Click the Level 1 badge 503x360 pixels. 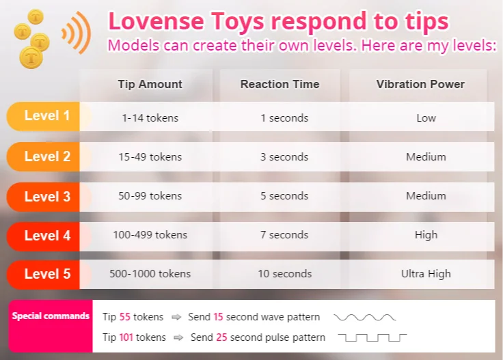pos(46,116)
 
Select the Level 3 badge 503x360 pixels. pos(46,197)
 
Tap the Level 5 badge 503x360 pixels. pos(46,275)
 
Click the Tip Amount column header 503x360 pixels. pos(150,85)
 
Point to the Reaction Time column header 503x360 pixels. pos(280,85)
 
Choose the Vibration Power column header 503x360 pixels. pos(420,85)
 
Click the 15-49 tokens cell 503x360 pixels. pos(150,157)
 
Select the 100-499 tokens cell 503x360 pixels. pos(150,235)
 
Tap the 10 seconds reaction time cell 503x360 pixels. pos(284,274)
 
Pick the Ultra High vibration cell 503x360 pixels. pos(426,274)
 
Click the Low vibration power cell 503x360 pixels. pos(426,118)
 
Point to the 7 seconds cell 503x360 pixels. pos(284,235)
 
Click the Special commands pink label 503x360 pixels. pos(51,316)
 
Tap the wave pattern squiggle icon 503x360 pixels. pos(364,318)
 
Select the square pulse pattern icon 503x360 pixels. pos(373,337)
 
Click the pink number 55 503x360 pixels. pos(124,317)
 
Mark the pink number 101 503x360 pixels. pos(126,337)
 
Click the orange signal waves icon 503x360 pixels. pos(77,32)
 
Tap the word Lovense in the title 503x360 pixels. pos(150,21)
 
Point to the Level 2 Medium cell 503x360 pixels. pos(426,157)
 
